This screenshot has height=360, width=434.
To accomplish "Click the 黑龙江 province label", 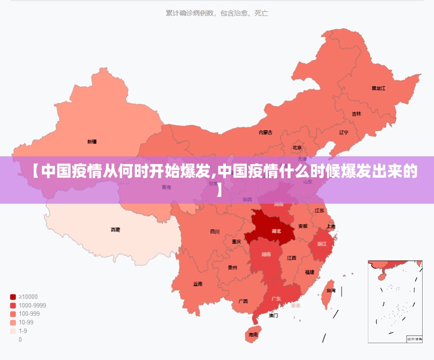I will (x=378, y=88).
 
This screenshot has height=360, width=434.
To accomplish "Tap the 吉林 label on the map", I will (x=356, y=114).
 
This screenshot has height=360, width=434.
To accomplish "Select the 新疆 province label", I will (x=92, y=142).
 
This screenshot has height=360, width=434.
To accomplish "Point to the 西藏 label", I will (x=116, y=230).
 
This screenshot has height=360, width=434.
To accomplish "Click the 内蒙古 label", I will (x=266, y=133).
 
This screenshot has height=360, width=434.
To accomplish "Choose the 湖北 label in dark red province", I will (x=276, y=231).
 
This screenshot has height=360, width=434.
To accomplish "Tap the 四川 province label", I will (x=214, y=231).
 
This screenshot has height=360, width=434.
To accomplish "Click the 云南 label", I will (x=198, y=284).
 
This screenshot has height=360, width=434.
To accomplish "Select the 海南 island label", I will (x=253, y=334).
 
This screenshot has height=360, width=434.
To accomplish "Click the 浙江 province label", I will (x=322, y=244).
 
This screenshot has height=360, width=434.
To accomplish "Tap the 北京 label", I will (x=297, y=148).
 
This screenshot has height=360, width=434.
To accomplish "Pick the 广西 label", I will (x=243, y=301).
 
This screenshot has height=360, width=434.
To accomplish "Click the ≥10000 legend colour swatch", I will (x=13, y=297).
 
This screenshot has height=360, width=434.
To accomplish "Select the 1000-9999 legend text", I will (x=32, y=305).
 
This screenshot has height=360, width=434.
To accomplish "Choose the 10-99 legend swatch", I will (x=13, y=322).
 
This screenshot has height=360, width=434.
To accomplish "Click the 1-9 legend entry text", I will (x=23, y=331).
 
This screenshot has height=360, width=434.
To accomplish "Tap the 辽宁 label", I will (x=344, y=133).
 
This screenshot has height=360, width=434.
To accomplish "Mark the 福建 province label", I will (x=310, y=272).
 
